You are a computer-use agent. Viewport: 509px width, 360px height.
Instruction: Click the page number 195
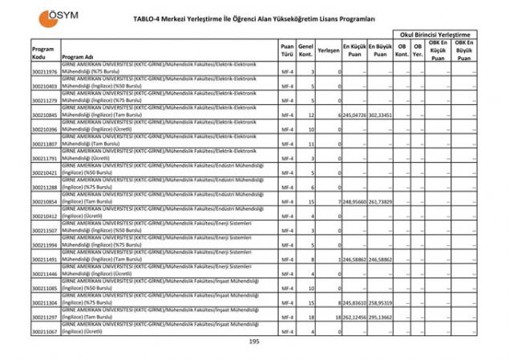254,342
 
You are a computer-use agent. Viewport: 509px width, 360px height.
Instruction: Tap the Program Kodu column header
43,53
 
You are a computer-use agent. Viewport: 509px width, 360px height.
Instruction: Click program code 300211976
45,72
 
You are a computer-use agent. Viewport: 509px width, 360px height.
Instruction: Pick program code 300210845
45,115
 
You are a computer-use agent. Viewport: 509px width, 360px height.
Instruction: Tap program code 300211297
45,318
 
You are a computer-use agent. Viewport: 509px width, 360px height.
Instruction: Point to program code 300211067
45,332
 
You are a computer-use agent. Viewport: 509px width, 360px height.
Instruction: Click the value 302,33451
380,115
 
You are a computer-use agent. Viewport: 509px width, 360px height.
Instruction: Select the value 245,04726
353,115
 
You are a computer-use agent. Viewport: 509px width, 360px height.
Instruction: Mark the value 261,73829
380,202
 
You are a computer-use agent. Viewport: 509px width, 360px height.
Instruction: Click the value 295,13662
380,318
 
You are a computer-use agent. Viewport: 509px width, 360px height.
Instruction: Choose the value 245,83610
353,303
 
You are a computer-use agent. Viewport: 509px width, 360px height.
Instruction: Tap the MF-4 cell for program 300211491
287,260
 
